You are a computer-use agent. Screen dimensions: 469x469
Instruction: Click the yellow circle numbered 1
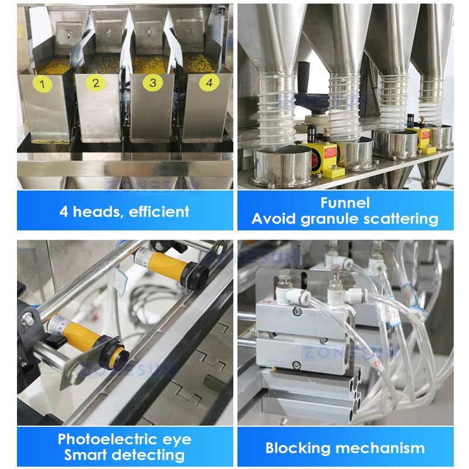tap(42, 84)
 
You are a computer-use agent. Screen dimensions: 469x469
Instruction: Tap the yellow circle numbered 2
tap(96, 83)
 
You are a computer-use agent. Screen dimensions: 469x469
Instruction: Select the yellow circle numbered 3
tap(153, 83)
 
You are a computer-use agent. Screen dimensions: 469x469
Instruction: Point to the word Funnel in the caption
tap(345, 203)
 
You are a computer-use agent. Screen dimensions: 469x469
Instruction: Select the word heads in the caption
tap(94, 211)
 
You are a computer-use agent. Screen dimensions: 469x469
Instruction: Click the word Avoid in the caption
tap(273, 219)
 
